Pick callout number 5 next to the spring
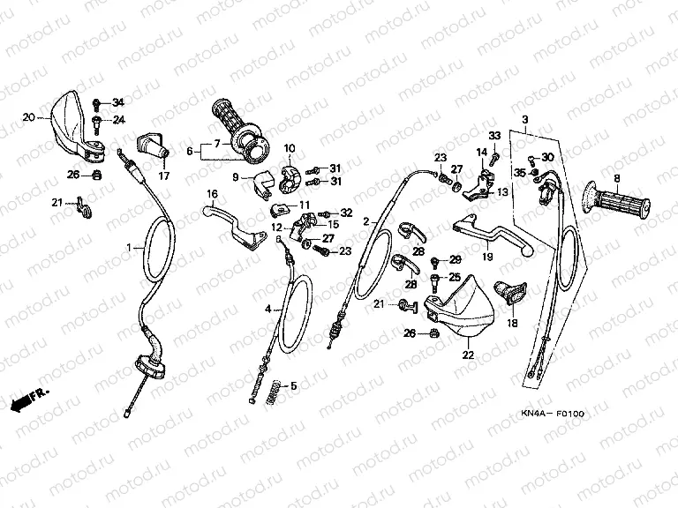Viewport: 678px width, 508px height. point(296,385)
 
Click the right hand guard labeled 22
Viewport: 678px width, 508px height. point(463,308)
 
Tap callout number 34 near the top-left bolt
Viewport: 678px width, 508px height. point(119,103)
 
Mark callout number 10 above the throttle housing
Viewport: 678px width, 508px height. point(290,147)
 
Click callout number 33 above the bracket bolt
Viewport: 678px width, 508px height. point(494,135)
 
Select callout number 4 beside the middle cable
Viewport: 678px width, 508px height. point(268,309)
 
